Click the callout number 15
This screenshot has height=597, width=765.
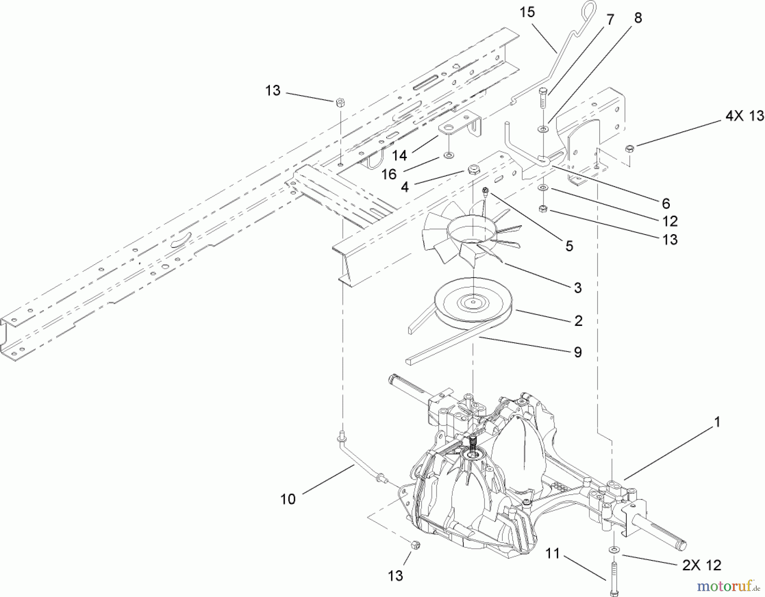pos(527,12)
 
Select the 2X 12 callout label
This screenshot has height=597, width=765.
pos(702,565)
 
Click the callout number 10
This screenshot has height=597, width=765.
pos(288,499)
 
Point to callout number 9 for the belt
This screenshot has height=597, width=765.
pos(578,352)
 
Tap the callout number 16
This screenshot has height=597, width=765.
pos(389,174)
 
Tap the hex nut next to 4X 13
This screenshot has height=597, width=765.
pos(630,148)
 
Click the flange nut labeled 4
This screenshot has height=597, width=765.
pos(472,170)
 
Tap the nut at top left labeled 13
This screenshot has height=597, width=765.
pos(340,102)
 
